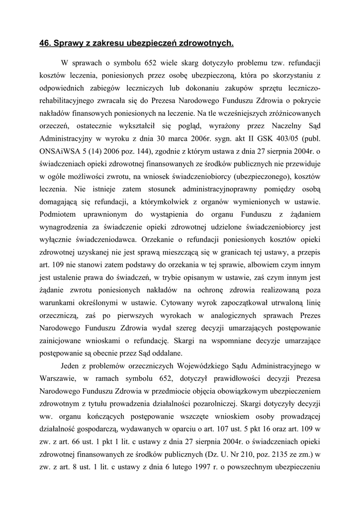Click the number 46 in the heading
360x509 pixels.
pyautogui.click(x=44, y=44)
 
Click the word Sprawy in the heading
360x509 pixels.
pyautogui.click(x=67, y=44)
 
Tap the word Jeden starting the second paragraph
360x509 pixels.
pyautogui.click(x=71, y=367)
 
